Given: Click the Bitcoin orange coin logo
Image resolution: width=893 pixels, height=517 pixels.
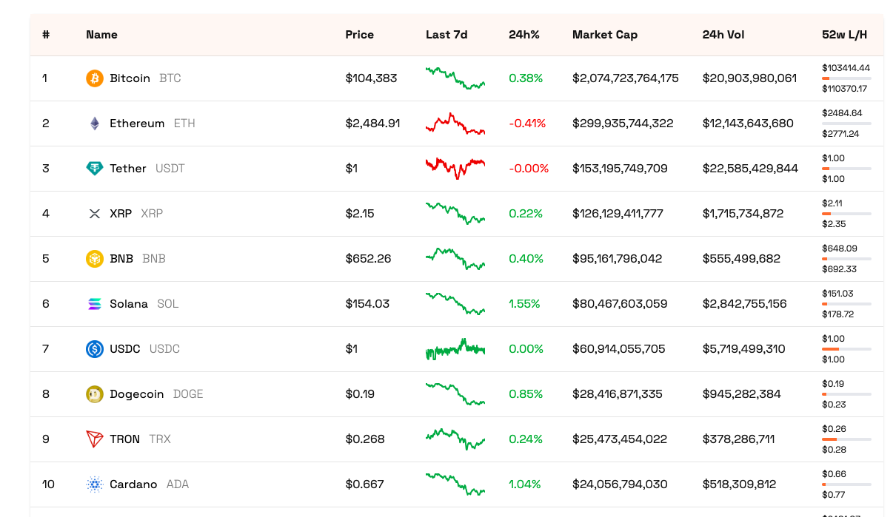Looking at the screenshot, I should click(x=95, y=78).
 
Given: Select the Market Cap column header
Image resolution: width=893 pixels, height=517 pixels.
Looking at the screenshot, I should click(x=604, y=35).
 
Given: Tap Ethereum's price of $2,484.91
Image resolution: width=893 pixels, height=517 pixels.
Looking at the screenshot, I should click(x=372, y=124).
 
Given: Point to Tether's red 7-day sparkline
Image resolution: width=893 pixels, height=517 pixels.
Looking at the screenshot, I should click(x=455, y=167).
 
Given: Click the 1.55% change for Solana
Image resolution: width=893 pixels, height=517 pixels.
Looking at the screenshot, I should click(x=524, y=304).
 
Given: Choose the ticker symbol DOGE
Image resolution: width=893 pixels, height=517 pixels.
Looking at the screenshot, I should click(x=188, y=394).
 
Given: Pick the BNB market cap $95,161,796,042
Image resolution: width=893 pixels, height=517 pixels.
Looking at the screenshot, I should click(x=617, y=259).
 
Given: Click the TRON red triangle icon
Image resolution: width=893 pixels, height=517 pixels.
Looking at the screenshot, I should click(x=95, y=439).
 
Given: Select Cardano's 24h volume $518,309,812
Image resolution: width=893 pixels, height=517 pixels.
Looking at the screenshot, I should click(x=739, y=484).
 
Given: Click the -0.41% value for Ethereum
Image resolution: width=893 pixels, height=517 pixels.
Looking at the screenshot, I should click(x=526, y=124).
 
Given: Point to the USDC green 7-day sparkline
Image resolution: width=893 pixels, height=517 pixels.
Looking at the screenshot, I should click(x=455, y=348).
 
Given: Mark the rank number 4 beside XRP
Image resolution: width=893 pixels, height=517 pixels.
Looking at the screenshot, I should click(x=46, y=214).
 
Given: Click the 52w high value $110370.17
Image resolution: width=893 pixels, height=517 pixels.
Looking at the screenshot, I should click(x=844, y=89).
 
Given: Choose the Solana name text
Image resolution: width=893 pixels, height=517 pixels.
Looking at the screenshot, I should click(x=129, y=304).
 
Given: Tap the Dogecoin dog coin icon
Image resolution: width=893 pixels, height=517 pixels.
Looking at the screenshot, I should click(x=95, y=394).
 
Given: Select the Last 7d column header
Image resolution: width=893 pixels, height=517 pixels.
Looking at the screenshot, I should click(x=446, y=35).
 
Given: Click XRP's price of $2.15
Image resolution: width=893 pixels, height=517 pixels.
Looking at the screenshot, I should click(x=360, y=214).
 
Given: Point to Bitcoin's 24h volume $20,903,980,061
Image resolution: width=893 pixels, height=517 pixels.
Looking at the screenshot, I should click(x=749, y=78).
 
